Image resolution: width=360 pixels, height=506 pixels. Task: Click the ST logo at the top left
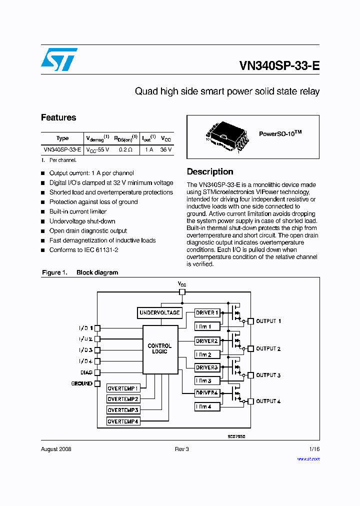click(x=59, y=59)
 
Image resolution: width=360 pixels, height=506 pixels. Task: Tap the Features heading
click(x=58, y=117)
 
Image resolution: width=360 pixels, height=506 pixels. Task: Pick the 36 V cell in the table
click(x=166, y=149)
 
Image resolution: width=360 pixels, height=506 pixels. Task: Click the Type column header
click(x=62, y=138)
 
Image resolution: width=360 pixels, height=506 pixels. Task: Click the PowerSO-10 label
click(x=280, y=134)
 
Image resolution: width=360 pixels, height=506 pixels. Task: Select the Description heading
click(x=210, y=171)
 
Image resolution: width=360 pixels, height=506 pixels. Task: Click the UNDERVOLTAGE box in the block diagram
click(x=159, y=313)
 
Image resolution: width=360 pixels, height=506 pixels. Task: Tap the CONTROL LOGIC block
click(x=160, y=348)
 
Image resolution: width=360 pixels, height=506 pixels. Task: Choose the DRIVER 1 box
click(x=207, y=313)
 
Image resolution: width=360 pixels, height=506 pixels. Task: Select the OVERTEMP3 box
click(x=123, y=410)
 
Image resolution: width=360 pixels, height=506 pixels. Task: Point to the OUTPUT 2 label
click(x=268, y=348)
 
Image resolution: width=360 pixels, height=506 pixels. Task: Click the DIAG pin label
click(x=86, y=372)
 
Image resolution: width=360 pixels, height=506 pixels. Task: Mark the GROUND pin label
click(x=82, y=383)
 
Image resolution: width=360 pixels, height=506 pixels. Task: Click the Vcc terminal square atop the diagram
click(x=182, y=292)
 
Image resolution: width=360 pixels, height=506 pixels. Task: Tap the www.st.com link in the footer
click(x=308, y=458)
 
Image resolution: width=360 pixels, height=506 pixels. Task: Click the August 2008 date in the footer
click(x=56, y=449)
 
